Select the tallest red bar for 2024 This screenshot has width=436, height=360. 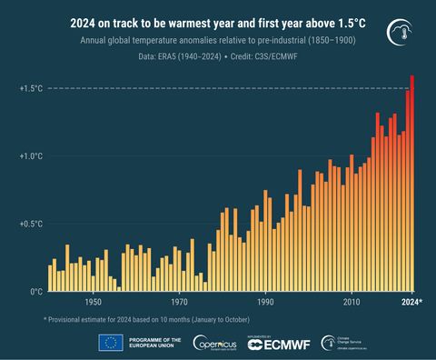[x=412, y=182]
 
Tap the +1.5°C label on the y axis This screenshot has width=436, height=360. [x=30, y=88]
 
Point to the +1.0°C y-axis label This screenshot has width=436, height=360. [x=30, y=156]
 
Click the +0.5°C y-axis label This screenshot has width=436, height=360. [x=30, y=224]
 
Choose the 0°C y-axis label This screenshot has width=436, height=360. [x=35, y=292]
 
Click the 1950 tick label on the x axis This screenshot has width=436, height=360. [x=93, y=302]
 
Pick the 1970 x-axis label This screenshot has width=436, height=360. [x=179, y=302]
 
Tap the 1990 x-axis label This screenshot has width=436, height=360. [x=265, y=302]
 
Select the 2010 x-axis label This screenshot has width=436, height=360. [x=352, y=302]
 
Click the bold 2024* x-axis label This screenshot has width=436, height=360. [x=411, y=302]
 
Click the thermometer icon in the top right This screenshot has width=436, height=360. [x=397, y=31]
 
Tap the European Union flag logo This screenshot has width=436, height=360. [x=111, y=342]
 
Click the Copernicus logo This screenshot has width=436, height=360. [x=213, y=342]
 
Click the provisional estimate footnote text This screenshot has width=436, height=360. [x=146, y=319]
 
